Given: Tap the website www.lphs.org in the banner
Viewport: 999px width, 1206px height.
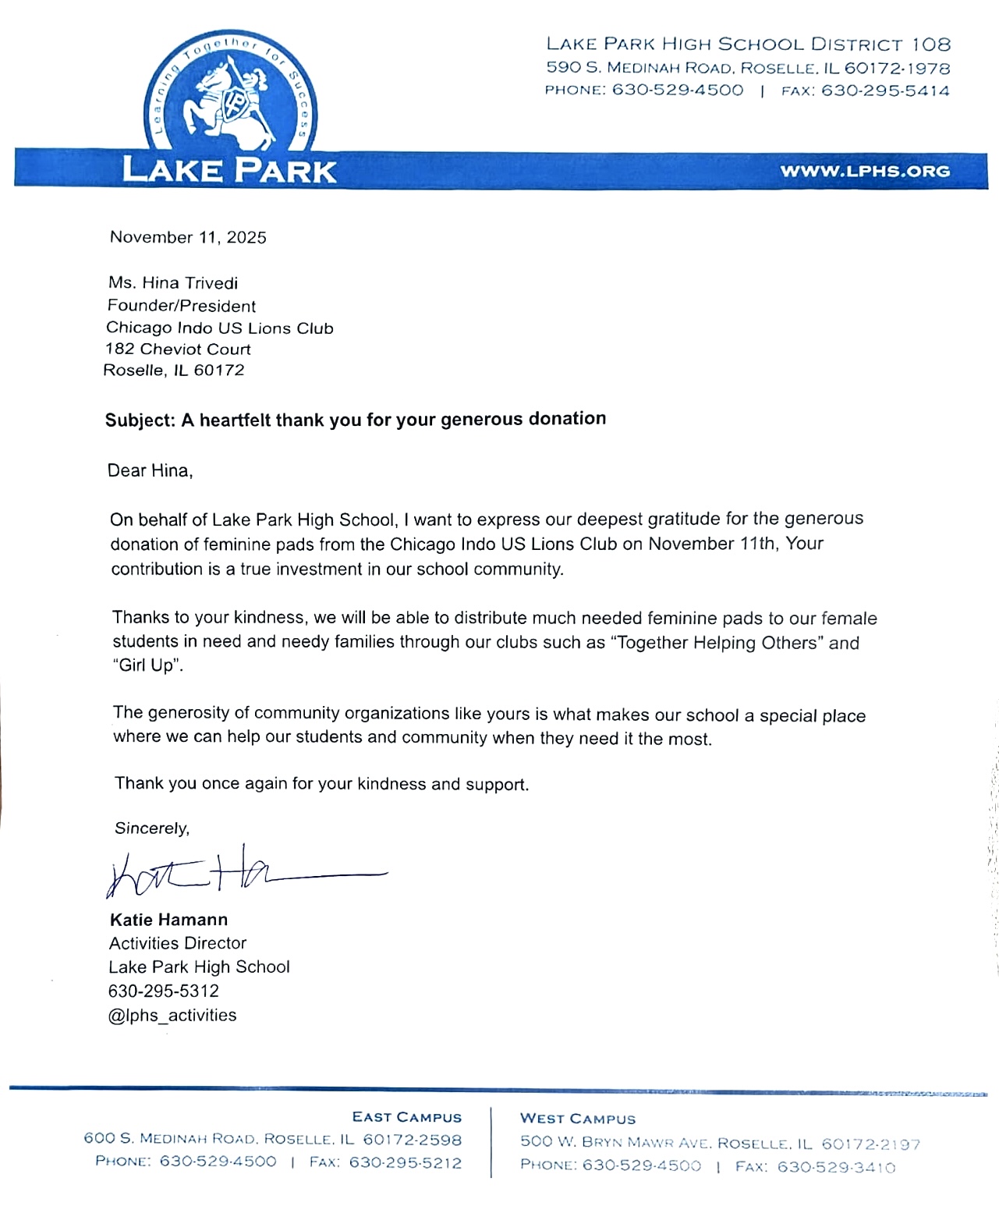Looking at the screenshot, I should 865,171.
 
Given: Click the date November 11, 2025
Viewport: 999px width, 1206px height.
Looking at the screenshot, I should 188,237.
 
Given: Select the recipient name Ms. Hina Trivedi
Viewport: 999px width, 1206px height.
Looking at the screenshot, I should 173,282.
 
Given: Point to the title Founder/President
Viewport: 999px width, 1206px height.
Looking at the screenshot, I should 182,306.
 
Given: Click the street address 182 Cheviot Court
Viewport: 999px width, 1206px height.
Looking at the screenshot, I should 178,349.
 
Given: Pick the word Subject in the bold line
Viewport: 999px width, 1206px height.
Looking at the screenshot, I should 140,421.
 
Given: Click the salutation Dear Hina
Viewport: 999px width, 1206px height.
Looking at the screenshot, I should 150,470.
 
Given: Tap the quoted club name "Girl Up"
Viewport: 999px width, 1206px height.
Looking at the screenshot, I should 148,665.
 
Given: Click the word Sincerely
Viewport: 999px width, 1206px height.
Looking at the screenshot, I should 152,828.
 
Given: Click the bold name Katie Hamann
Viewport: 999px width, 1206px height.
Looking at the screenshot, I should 168,920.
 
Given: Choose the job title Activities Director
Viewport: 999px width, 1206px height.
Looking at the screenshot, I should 178,943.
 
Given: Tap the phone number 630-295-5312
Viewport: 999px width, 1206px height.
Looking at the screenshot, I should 164,991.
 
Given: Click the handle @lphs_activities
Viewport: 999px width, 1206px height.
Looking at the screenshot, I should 172,1015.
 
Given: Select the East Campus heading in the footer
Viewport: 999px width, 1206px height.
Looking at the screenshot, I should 406,1117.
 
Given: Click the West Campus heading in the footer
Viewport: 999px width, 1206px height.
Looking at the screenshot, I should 578,1119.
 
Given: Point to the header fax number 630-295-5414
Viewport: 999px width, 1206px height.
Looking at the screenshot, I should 885,90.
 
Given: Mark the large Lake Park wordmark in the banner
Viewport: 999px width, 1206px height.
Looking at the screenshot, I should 229,169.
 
